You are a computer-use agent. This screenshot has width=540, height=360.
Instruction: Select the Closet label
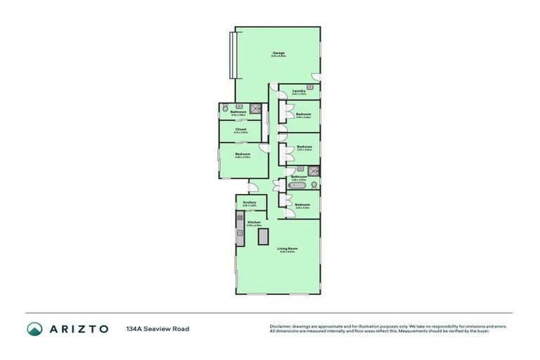(x=240, y=129)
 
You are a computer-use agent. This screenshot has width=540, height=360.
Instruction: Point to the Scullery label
(x=250, y=202)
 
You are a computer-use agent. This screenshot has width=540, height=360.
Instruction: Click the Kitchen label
(x=254, y=222)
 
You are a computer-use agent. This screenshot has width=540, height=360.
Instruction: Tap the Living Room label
(x=287, y=249)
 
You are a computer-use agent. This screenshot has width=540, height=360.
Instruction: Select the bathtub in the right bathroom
(x=297, y=186)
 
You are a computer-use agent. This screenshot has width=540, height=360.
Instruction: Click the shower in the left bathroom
(x=257, y=108)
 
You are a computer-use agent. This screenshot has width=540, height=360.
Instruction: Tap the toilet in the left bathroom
(x=224, y=108)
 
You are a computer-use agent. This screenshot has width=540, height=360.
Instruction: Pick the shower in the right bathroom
(x=314, y=170)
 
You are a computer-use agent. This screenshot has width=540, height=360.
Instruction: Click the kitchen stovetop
(x=239, y=219)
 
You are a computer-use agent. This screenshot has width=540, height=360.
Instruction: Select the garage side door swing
(x=316, y=75)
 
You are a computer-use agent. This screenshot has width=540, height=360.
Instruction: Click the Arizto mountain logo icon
(x=34, y=328)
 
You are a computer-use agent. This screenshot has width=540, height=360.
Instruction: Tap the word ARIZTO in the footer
(x=78, y=328)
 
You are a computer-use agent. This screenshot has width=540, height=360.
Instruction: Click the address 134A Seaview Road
(x=157, y=328)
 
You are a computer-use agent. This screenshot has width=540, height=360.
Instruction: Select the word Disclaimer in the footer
(x=281, y=326)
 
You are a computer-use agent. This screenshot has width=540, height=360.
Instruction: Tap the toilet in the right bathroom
(x=314, y=185)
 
